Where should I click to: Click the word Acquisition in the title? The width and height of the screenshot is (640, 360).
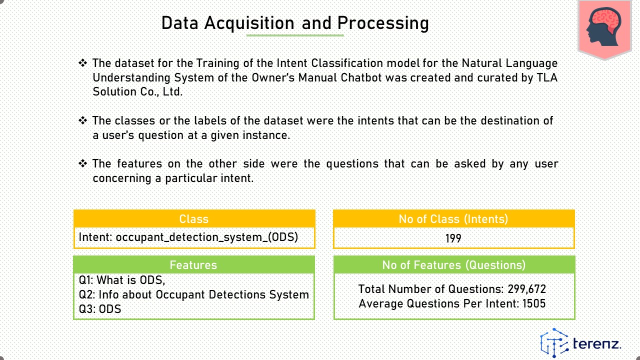[x=249, y=23]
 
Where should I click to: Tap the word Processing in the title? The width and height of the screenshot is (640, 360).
[x=383, y=23]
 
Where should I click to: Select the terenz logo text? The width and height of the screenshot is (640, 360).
[x=597, y=343]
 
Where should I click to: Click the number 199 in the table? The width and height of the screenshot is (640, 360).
[x=453, y=238]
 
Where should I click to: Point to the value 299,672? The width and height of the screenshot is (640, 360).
[x=527, y=289]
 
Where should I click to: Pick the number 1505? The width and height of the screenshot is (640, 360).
[x=534, y=303]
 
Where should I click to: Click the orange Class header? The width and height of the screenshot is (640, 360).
[x=194, y=219]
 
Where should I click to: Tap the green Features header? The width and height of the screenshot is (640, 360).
[x=194, y=265]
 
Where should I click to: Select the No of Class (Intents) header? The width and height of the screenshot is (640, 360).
[x=454, y=219]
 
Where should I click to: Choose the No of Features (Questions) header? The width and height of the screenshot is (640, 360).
[x=454, y=265]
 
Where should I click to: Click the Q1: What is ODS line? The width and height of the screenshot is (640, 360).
[x=122, y=280]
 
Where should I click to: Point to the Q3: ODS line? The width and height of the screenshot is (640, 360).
[x=100, y=309]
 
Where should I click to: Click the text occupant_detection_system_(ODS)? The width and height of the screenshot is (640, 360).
[x=207, y=237]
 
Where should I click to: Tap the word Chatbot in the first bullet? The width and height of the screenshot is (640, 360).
[x=361, y=77]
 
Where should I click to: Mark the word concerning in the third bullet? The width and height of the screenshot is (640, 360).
[x=122, y=178]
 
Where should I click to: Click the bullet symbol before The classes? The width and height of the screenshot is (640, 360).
[x=83, y=120]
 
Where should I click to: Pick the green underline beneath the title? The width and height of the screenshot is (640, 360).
[x=295, y=35]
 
